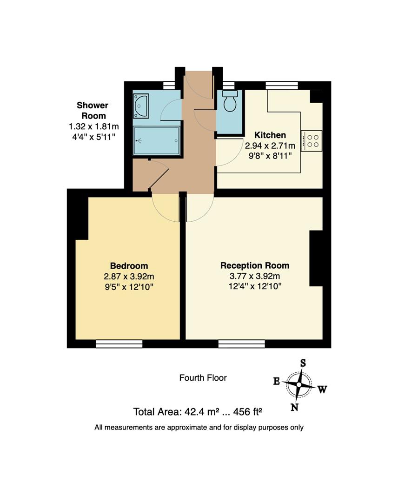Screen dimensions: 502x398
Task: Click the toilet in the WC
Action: tap(230, 101)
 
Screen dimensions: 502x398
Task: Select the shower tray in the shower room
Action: tap(156, 141)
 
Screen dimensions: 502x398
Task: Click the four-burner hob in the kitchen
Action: tap(312, 140)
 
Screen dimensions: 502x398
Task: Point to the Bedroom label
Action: tap(129, 266)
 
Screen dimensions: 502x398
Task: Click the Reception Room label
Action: tap(254, 265)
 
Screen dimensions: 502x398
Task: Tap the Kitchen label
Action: tap(270, 135)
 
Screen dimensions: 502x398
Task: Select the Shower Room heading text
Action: tap(93, 111)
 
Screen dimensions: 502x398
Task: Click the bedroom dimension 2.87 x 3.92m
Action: tap(129, 277)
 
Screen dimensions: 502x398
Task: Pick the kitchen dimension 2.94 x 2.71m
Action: tap(270, 145)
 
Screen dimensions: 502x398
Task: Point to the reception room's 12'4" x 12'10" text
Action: tap(254, 286)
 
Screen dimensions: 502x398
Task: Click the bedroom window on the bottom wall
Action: tap(119, 343)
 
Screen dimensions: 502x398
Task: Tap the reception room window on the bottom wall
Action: tap(241, 343)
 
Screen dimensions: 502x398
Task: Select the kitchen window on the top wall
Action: tap(281, 86)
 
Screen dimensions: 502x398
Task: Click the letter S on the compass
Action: tap(303, 363)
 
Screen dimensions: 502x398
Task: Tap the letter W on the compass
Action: tap(322, 390)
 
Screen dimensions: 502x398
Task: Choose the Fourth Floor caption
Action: tap(203, 378)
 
